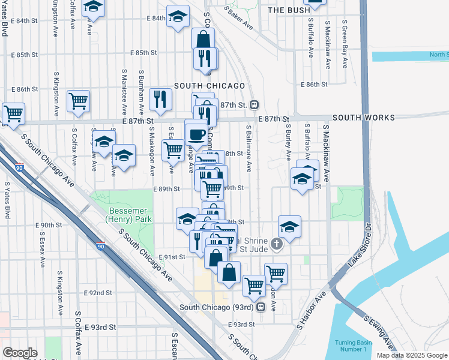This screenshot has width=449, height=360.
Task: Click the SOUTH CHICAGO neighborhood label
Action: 201,86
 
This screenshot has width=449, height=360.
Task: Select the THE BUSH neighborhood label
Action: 289,10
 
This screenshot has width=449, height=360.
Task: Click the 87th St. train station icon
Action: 255,105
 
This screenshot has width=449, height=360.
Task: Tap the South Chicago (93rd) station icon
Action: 261,307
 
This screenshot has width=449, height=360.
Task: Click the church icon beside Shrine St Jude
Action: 276,244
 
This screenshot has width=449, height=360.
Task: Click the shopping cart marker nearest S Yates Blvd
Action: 13,113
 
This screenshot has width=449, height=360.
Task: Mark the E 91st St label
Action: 172,257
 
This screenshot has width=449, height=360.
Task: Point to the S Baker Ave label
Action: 238,19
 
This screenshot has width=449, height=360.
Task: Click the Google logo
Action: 20,353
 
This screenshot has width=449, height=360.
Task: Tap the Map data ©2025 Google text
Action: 412,355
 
